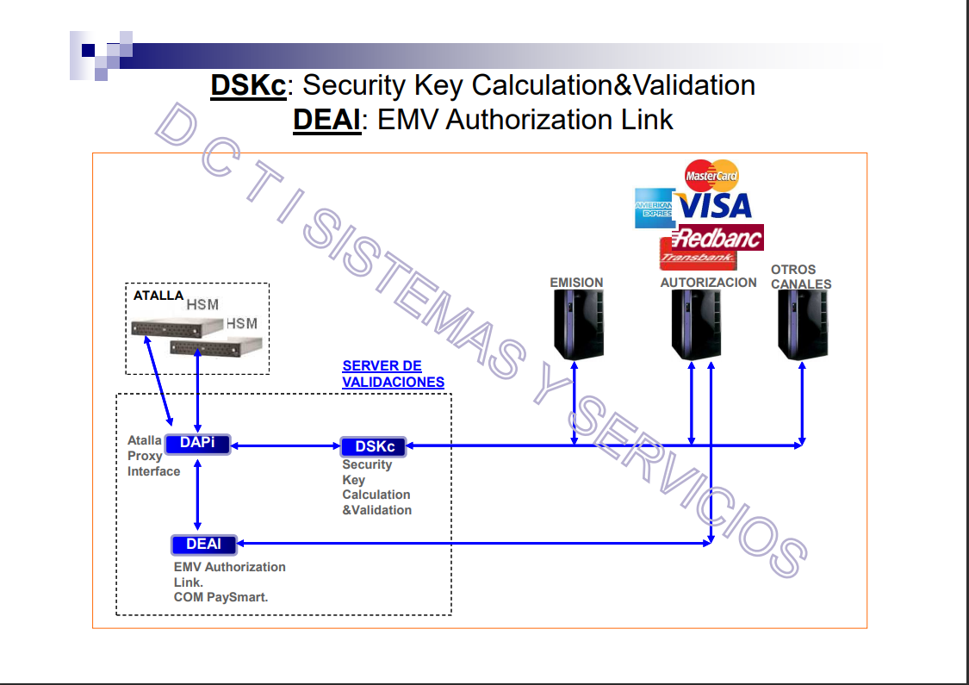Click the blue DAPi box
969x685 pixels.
point(197,444)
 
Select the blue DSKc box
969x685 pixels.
point(375,446)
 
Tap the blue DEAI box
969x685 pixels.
point(203,544)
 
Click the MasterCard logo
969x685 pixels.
point(711,176)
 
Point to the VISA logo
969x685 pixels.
point(714,206)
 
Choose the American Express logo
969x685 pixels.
point(653,208)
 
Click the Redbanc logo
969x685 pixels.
point(719,237)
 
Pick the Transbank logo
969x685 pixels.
point(698,256)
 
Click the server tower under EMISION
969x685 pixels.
point(577,325)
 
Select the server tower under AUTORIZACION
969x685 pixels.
point(696,325)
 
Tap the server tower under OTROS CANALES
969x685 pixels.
point(803,325)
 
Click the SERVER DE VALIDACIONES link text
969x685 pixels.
point(393,374)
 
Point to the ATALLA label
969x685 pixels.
point(158,295)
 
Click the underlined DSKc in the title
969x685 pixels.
point(248,85)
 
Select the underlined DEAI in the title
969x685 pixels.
point(326,119)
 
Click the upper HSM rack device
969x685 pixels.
point(177,327)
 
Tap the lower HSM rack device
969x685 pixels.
point(215,346)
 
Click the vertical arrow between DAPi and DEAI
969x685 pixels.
point(198,495)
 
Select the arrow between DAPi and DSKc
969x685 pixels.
point(286,445)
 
